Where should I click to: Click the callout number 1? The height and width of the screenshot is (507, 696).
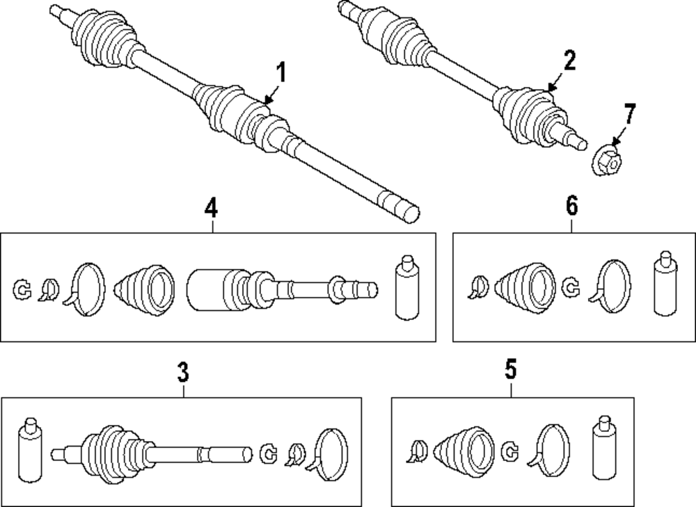pyautogui.click(x=281, y=73)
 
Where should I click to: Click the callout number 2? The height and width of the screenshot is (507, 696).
pyautogui.click(x=569, y=61)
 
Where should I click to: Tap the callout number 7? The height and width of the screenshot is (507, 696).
pyautogui.click(x=629, y=114)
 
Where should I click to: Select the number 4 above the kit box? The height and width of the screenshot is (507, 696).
pyautogui.click(x=212, y=208)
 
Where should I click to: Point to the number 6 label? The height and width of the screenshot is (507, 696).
pyautogui.click(x=571, y=206)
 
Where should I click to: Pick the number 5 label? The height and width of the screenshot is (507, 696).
pyautogui.click(x=511, y=369)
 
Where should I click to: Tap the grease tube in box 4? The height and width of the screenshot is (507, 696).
pyautogui.click(x=407, y=287)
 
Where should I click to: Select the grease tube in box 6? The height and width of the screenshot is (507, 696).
pyautogui.click(x=665, y=284)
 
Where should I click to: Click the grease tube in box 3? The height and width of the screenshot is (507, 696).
pyautogui.click(x=31, y=450)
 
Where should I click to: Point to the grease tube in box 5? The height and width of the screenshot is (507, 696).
pyautogui.click(x=605, y=448)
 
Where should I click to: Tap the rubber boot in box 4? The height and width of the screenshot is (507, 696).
pyautogui.click(x=145, y=291)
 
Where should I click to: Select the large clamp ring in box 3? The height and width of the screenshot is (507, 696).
pyautogui.click(x=328, y=454)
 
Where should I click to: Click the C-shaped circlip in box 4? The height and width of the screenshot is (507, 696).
pyautogui.click(x=22, y=290)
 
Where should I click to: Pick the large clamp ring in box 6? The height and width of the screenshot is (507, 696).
pyautogui.click(x=610, y=287)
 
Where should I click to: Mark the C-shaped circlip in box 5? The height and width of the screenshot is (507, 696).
pyautogui.click(x=510, y=451)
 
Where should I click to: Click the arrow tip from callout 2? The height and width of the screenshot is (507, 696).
pyautogui.click(x=548, y=91)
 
